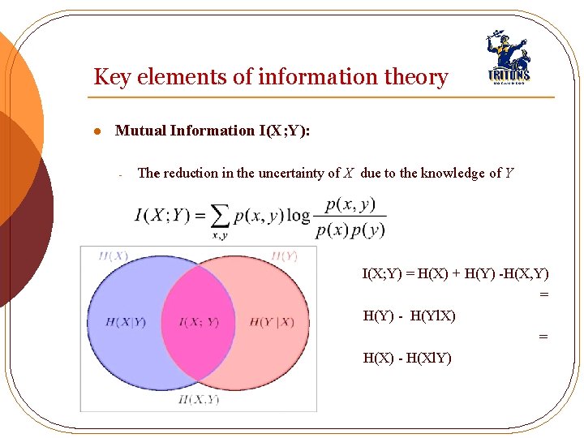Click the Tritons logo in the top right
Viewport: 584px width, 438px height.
[508, 59]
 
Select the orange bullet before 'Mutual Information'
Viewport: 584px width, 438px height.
[96, 131]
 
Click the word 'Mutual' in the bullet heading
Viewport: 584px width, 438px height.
[141, 131]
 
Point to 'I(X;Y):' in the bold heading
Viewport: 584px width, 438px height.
[283, 131]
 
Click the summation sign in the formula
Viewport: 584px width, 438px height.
[219, 217]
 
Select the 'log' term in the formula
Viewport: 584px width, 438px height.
[298, 215]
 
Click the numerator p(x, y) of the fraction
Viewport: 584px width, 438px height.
[350, 204]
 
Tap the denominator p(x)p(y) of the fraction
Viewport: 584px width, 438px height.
[350, 230]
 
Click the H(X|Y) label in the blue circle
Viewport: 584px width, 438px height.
[126, 323]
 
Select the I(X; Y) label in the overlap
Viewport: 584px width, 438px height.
[199, 323]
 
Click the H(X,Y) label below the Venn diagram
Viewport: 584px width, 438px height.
[199, 399]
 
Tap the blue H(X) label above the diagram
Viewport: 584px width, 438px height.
[113, 256]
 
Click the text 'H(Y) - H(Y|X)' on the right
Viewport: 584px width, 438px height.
[409, 316]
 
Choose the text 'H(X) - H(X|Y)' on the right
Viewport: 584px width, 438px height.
[407, 358]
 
